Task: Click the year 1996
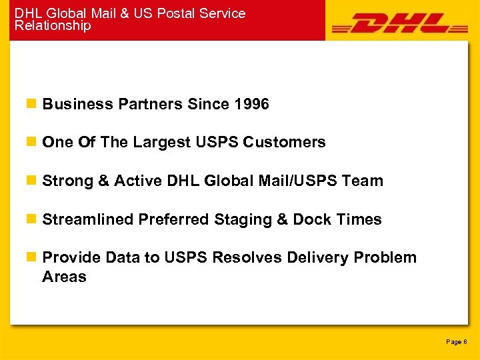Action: click(x=252, y=104)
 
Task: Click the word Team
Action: click(x=362, y=181)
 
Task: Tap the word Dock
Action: click(x=311, y=219)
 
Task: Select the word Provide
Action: click(x=70, y=257)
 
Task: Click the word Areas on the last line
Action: click(x=64, y=277)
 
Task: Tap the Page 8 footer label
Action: click(x=456, y=341)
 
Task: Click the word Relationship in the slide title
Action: click(x=53, y=26)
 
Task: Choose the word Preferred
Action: click(x=173, y=219)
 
